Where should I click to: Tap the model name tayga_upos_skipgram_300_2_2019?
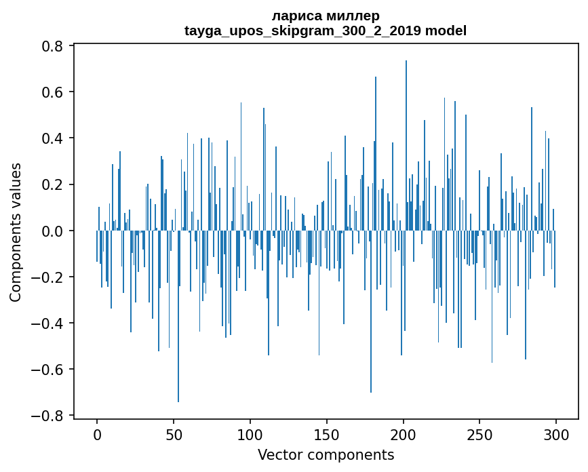tap(302, 31)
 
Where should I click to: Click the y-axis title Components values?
tap(16, 232)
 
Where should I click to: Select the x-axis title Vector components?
tap(326, 454)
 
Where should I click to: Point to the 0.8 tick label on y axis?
tap(54, 46)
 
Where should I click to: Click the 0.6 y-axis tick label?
tap(54, 92)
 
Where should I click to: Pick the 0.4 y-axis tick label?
tap(54, 138)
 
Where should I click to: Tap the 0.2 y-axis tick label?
tap(54, 184)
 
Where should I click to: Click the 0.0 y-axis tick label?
tap(54, 231)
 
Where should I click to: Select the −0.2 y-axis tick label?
tap(48, 277)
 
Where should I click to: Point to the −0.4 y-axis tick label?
tap(48, 323)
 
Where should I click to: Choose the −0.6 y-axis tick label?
tap(48, 369)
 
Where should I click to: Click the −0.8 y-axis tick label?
tap(48, 415)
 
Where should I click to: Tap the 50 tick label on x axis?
tap(174, 434)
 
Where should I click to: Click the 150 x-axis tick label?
tap(327, 434)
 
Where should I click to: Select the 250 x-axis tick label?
tap(479, 434)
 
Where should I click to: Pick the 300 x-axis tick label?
tap(556, 434)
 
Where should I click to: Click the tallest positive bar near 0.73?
tap(406, 136)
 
